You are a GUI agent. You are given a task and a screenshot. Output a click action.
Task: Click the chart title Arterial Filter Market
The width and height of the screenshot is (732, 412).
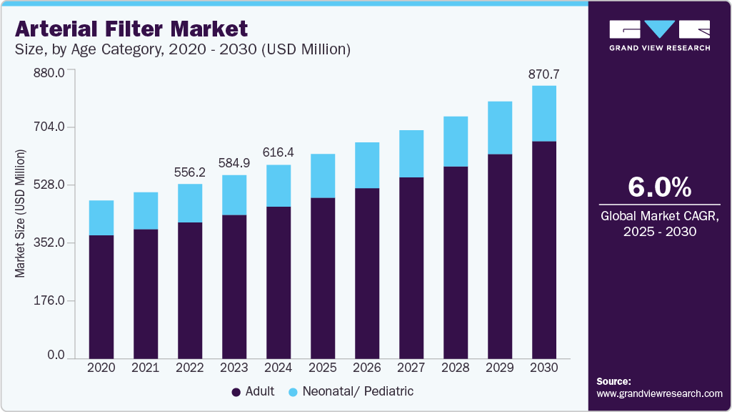click(x=131, y=29)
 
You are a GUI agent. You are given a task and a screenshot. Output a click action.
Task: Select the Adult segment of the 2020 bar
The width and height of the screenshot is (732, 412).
click(x=101, y=296)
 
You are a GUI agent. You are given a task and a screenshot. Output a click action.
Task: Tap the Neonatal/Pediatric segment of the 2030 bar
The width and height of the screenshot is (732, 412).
click(x=544, y=114)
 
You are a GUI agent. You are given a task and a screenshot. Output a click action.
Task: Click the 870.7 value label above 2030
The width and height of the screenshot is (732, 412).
click(x=543, y=74)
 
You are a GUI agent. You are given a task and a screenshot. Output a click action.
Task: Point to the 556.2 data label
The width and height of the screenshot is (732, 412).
click(x=190, y=172)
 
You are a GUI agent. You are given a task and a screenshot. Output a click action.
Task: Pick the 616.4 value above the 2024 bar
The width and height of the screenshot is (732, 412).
click(x=279, y=153)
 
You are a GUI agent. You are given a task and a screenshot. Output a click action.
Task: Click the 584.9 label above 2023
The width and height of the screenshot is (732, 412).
click(x=234, y=163)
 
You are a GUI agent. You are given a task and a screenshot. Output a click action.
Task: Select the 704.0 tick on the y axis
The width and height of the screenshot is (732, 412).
click(x=51, y=127)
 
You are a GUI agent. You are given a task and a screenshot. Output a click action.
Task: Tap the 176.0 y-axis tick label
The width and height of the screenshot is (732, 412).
click(x=51, y=300)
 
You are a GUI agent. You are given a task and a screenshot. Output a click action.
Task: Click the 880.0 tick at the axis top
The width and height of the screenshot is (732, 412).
click(x=51, y=72)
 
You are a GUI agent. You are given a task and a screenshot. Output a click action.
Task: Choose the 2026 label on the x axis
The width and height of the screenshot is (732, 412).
click(x=367, y=368)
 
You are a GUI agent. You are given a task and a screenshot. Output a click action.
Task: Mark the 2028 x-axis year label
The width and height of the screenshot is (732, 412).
click(x=456, y=368)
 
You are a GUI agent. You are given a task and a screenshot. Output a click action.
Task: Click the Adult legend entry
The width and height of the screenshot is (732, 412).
click(x=253, y=391)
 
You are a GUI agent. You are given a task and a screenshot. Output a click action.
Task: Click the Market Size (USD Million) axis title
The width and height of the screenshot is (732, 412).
click(x=21, y=214)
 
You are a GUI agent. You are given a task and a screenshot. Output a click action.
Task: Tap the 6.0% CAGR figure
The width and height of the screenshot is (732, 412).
click(x=659, y=187)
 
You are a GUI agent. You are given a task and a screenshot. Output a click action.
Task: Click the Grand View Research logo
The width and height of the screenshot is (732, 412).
click(x=659, y=35)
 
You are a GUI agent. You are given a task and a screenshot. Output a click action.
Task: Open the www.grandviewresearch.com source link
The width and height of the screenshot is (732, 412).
click(x=659, y=393)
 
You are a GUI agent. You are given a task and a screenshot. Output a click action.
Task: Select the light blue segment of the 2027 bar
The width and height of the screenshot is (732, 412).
click(x=411, y=154)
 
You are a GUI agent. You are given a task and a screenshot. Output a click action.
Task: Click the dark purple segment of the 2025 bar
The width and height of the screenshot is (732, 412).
click(x=323, y=278)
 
